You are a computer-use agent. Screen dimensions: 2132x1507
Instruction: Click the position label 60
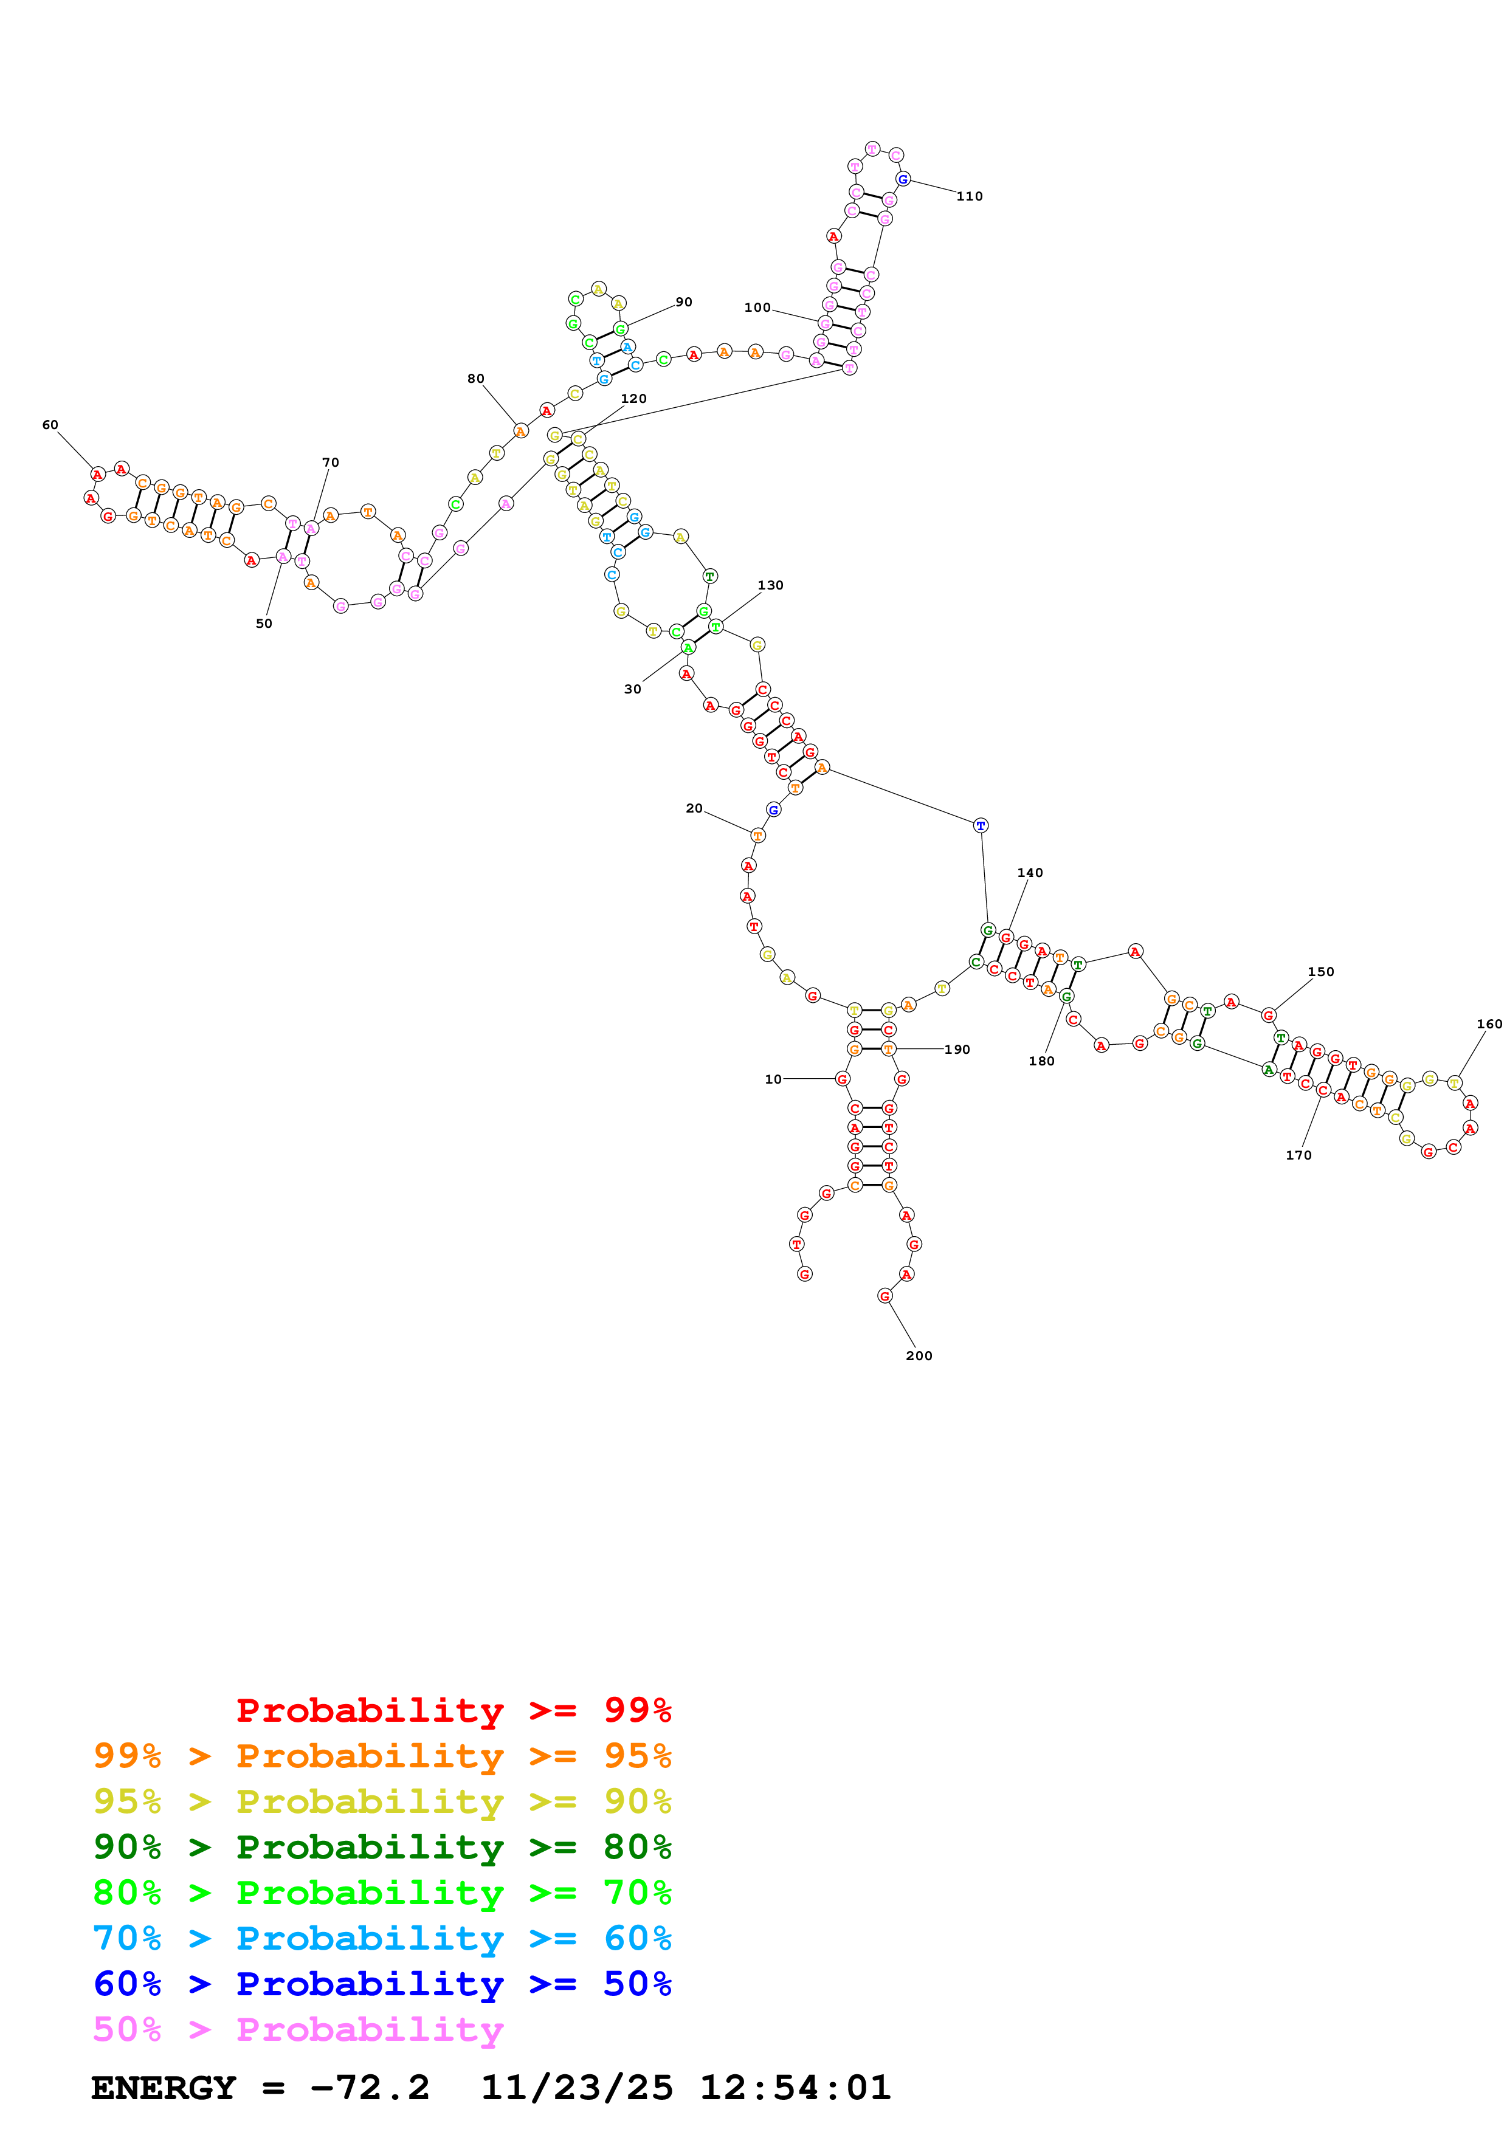[x=50, y=425]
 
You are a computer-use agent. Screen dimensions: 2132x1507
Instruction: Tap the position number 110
[x=970, y=197]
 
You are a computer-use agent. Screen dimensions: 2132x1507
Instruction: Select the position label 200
[x=919, y=1356]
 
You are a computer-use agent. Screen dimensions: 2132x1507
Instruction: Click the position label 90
[x=683, y=303]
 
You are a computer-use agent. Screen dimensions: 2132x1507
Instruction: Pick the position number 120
[x=633, y=399]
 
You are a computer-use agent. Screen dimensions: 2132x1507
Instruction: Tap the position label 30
[x=632, y=690]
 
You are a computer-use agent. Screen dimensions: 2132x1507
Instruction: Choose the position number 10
[x=773, y=1080]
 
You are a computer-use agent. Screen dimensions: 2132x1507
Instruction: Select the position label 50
[x=264, y=624]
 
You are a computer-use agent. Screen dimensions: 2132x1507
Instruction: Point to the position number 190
[x=957, y=1050]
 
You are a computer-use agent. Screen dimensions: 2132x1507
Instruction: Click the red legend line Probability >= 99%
[x=453, y=1711]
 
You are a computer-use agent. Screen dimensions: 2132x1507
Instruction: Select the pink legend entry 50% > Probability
[x=298, y=2031]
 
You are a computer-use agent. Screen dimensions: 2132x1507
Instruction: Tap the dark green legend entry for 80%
[x=382, y=1848]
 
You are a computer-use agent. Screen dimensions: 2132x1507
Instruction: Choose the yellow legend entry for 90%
[x=382, y=1803]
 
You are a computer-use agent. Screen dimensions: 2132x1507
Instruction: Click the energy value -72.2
[x=370, y=2088]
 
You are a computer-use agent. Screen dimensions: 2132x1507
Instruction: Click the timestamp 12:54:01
[x=795, y=2088]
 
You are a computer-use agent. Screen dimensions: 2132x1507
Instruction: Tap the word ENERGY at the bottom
[x=164, y=2088]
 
